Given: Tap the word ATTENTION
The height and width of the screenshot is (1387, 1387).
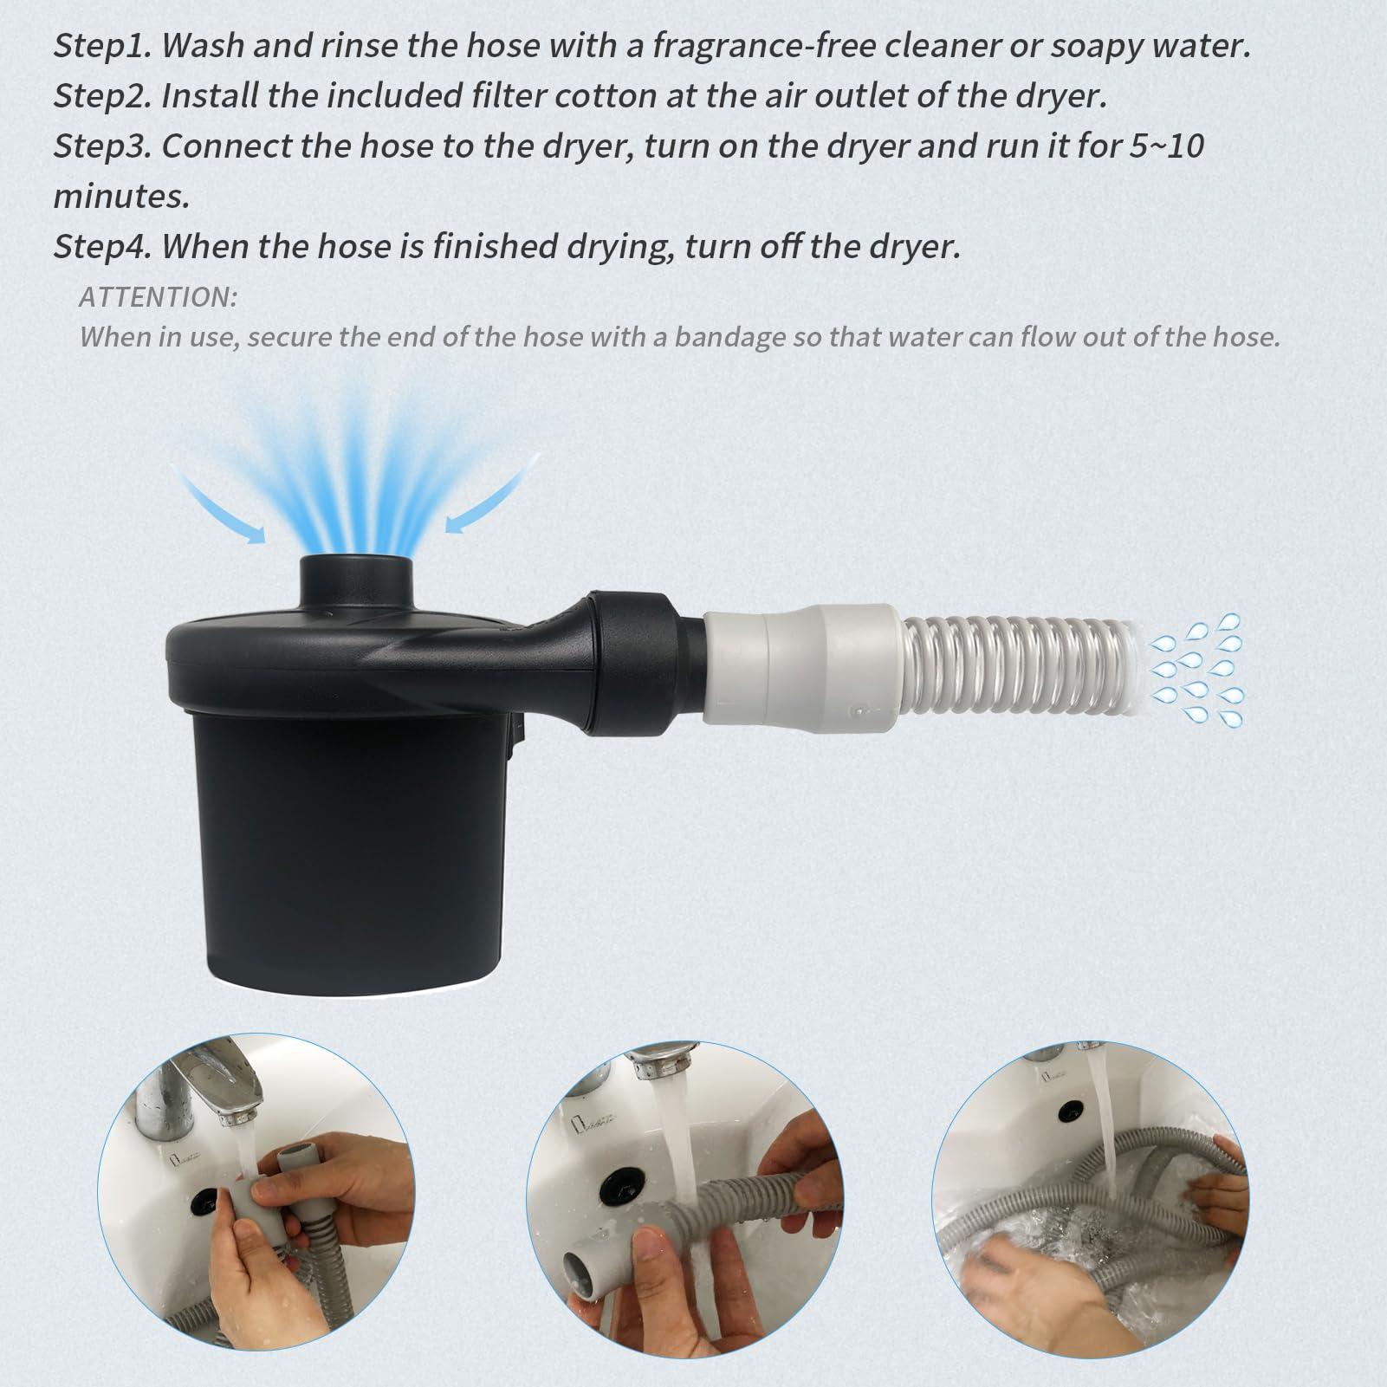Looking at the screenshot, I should point(158,297).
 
